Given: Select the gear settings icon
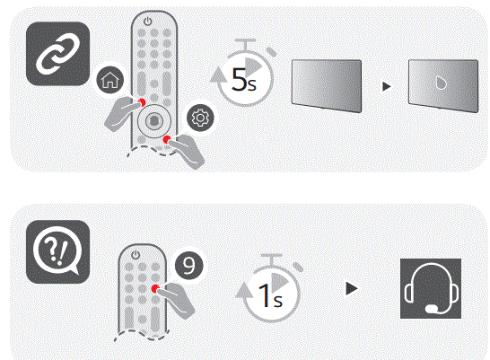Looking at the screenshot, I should [x=198, y=118].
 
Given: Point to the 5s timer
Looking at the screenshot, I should [x=243, y=80].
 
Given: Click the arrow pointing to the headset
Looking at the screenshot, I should [x=353, y=289].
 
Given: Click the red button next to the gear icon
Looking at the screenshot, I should [x=168, y=139].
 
